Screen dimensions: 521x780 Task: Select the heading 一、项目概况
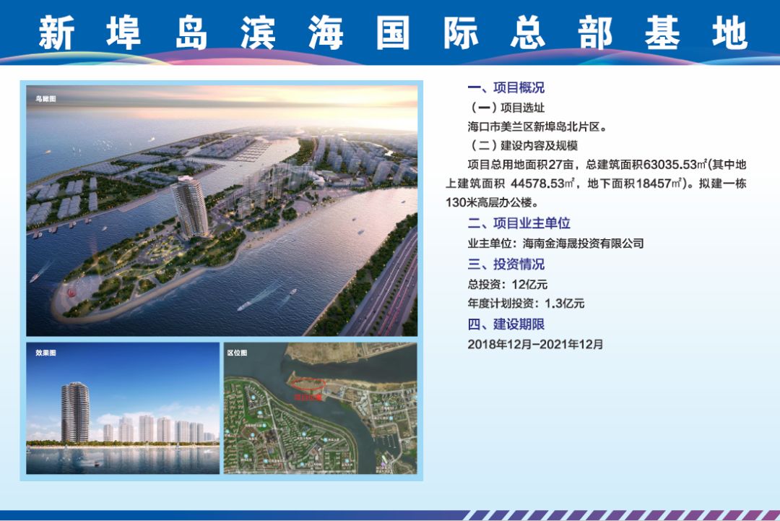tap(506, 88)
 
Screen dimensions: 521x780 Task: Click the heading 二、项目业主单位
tap(519, 223)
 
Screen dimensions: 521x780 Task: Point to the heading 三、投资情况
tap(506, 264)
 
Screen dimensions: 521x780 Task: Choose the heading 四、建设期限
tap(506, 324)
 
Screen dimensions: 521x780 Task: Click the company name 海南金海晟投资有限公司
tap(583, 244)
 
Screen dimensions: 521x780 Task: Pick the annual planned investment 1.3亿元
tap(558, 303)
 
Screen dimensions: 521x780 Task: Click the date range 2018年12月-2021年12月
tap(535, 345)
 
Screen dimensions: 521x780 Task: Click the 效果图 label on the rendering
tap(45, 353)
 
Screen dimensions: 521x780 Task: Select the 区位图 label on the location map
tap(237, 353)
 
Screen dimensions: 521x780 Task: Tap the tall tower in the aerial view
tap(189, 206)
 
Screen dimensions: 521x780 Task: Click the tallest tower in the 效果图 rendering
tap(75, 412)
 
